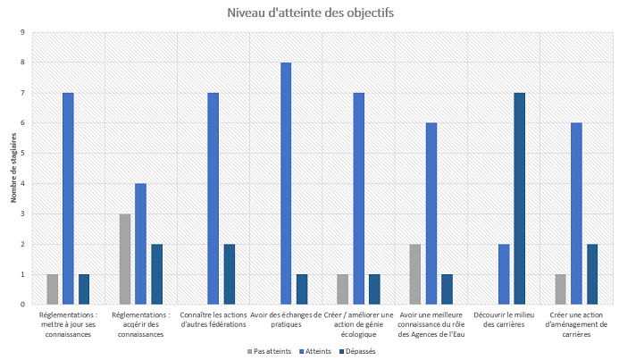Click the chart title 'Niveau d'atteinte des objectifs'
click(x=309, y=13)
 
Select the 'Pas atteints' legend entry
click(x=271, y=351)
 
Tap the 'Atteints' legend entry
click(x=315, y=351)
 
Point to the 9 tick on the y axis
click(x=23, y=32)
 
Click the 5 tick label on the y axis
click(x=23, y=153)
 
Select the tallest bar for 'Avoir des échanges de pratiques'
click(x=286, y=183)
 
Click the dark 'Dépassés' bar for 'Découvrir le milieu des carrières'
click(x=519, y=198)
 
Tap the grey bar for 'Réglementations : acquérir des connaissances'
click(x=125, y=259)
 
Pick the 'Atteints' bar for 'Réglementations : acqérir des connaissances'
click(x=140, y=244)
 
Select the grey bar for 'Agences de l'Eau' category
click(x=415, y=274)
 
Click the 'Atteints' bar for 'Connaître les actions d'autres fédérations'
click(x=213, y=198)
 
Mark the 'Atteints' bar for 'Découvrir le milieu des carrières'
click(x=504, y=274)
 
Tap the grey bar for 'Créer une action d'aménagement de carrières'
click(x=560, y=289)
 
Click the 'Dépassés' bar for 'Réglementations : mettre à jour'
click(x=84, y=289)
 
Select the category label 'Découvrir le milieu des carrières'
click(x=504, y=320)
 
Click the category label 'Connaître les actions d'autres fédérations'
click(x=213, y=320)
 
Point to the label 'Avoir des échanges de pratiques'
click(x=286, y=320)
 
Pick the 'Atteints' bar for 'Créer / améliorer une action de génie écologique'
click(x=358, y=198)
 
